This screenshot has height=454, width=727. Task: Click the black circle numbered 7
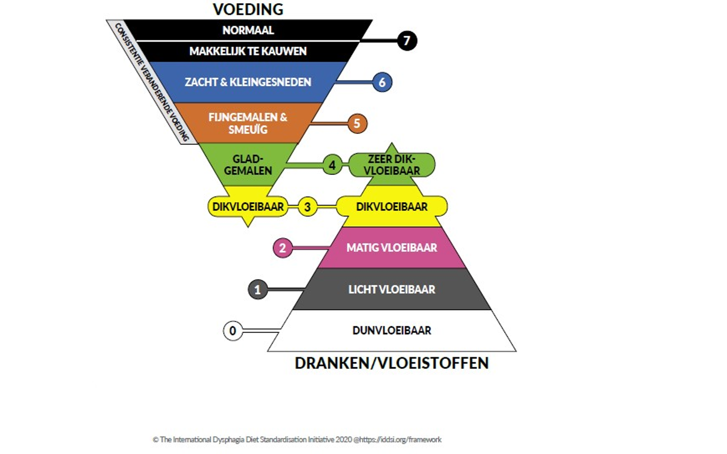tap(407, 41)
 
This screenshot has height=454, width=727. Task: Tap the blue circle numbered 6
tap(382, 82)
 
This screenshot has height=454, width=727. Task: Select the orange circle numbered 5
tap(357, 123)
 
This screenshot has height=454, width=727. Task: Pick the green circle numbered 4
tap(332, 165)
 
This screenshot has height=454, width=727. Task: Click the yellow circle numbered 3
tap(308, 206)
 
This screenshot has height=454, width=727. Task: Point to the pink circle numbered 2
tap(282, 248)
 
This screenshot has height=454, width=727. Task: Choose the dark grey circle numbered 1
tap(258, 290)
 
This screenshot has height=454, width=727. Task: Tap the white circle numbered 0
tap(233, 331)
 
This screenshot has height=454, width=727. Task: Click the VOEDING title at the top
tap(248, 9)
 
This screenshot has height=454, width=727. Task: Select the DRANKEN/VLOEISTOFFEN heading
tap(392, 363)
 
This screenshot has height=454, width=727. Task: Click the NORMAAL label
tap(248, 30)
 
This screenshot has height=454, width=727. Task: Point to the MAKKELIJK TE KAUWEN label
tap(248, 51)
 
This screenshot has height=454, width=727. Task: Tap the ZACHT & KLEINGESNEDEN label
tap(248, 82)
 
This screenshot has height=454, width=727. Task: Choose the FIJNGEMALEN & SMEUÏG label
tap(248, 123)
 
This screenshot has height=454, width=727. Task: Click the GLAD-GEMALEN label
tap(248, 165)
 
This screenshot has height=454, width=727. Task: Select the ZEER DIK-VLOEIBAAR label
tap(392, 165)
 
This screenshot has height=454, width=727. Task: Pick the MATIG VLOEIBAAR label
tap(392, 248)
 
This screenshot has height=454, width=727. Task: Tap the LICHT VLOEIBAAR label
tap(392, 290)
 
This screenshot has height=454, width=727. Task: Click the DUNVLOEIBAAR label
tap(392, 331)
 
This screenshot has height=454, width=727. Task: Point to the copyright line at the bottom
tap(297, 439)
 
